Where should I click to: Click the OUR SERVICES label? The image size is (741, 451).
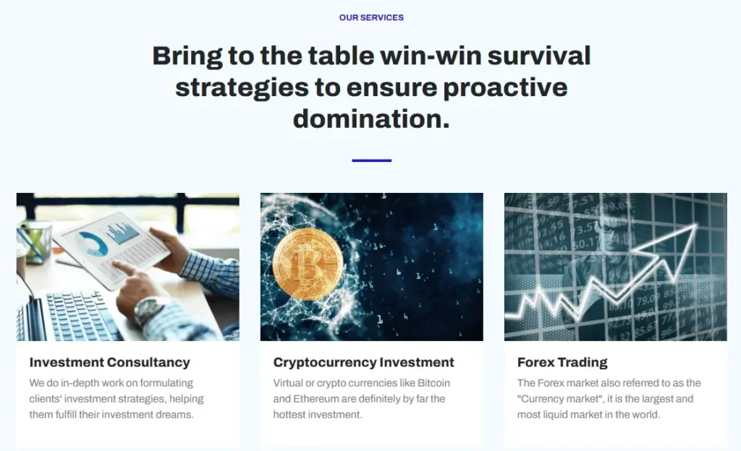(371, 17)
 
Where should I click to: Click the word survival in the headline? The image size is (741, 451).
(538, 56)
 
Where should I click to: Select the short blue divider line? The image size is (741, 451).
(371, 160)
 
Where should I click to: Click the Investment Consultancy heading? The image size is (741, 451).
(110, 362)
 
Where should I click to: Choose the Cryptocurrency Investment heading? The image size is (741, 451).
(363, 362)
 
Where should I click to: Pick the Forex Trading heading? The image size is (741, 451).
(562, 362)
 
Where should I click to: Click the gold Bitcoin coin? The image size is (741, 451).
(308, 265)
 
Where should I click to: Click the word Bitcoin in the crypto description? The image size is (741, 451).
(433, 383)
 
